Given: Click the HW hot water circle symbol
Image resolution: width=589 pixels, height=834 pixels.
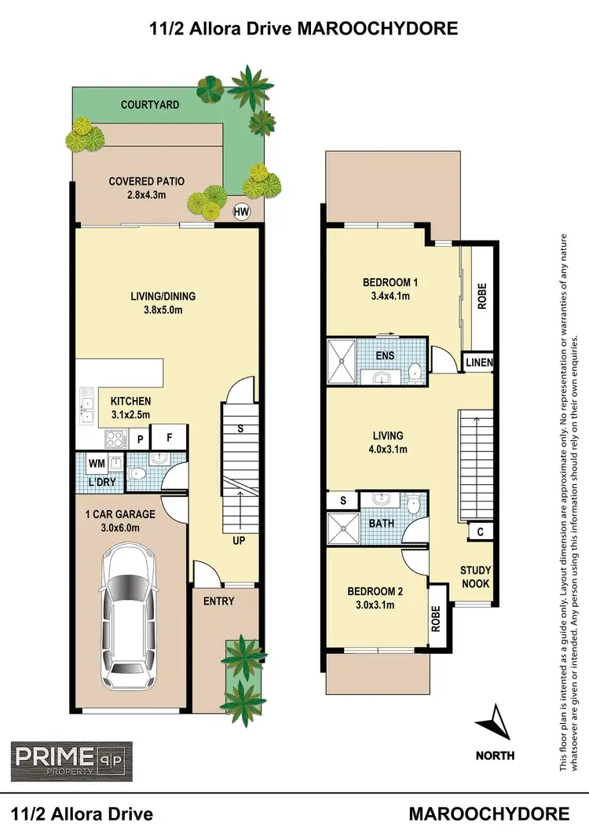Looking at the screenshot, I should [242, 211].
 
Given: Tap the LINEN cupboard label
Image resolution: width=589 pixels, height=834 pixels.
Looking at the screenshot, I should [477, 362].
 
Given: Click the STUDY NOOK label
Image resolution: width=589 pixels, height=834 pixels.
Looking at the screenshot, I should [476, 576].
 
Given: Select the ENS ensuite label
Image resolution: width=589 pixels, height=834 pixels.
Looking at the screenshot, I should [385, 355].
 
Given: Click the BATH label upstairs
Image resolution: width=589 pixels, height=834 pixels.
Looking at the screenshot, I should [382, 521].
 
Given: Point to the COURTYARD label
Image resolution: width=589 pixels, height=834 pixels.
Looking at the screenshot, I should [150, 105].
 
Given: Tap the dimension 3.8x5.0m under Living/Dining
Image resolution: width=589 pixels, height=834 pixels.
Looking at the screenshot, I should [163, 310].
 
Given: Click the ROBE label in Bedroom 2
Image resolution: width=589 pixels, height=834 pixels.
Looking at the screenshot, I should [437, 619].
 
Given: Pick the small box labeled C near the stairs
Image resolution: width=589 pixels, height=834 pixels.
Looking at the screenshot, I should [478, 532].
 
